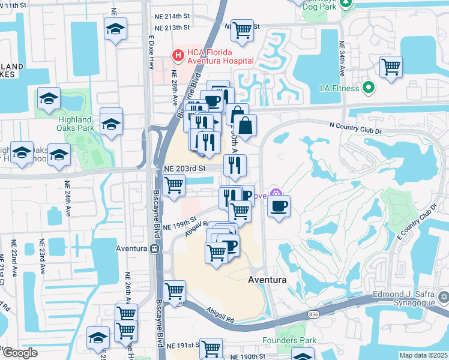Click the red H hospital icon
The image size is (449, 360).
pos(178,55)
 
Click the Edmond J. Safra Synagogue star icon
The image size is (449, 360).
pos(443,296)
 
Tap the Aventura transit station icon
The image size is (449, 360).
pos(154,248)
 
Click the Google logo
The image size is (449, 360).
pos(20,353)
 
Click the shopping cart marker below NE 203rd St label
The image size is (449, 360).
pos(173,185)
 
